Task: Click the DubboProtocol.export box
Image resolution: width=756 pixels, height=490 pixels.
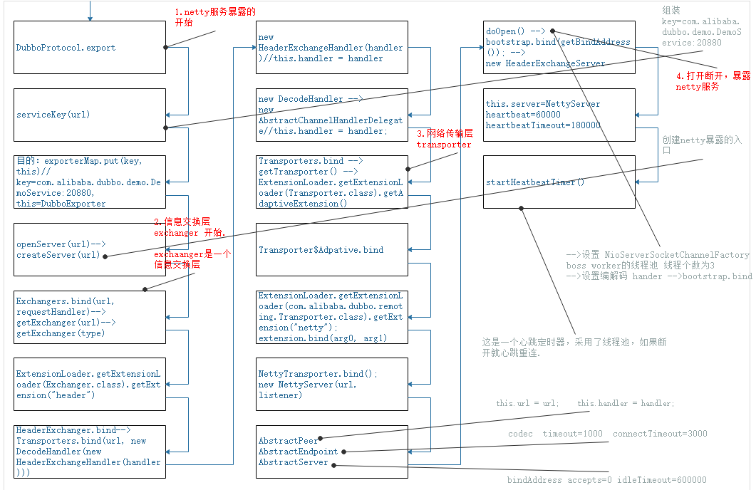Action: click(x=90, y=48)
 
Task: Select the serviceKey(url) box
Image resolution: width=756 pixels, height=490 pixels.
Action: click(x=90, y=115)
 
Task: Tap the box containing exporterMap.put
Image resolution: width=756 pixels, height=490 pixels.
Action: click(x=90, y=182)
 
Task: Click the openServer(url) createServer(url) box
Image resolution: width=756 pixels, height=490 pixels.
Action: click(x=90, y=249)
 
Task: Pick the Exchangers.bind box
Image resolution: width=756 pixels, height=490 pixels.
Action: click(x=90, y=317)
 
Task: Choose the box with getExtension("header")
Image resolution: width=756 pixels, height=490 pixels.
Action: click(x=90, y=384)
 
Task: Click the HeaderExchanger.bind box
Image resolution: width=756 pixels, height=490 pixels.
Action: click(x=90, y=452)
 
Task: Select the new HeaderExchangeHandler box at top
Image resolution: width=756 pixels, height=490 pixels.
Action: click(x=332, y=48)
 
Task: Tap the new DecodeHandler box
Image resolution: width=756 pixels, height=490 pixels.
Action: click(x=332, y=115)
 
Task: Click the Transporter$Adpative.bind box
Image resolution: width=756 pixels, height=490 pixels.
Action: click(x=332, y=250)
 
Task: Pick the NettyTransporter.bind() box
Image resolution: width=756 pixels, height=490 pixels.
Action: click(x=332, y=384)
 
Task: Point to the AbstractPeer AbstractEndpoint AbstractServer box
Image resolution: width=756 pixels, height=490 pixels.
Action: click(x=332, y=452)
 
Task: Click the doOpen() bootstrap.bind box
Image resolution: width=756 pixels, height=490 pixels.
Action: click(x=559, y=48)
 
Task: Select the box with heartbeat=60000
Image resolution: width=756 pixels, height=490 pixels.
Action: click(x=559, y=115)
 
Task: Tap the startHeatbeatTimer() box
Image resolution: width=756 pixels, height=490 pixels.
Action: click(x=559, y=182)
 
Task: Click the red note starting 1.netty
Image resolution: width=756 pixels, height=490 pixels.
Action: click(x=214, y=17)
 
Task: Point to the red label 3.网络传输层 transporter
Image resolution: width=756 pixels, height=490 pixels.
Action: click(x=444, y=139)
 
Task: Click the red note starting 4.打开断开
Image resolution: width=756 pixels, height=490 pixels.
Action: click(x=713, y=80)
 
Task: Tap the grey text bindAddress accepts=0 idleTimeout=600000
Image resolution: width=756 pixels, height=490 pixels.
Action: click(x=606, y=479)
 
